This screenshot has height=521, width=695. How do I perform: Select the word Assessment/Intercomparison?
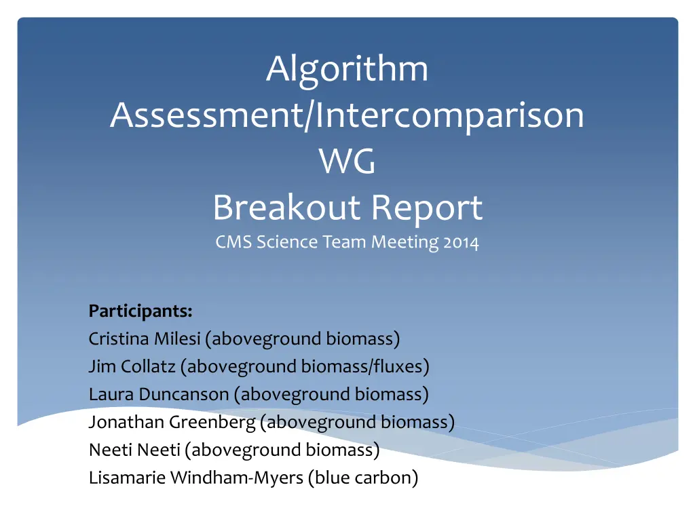tap(347, 115)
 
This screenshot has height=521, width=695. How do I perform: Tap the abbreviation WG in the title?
tap(347, 161)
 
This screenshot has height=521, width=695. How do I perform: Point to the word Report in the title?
tap(427, 208)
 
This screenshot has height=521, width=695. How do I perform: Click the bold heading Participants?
tap(140, 311)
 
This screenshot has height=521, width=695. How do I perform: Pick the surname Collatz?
tap(148, 366)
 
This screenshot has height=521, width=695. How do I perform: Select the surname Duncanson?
tap(184, 394)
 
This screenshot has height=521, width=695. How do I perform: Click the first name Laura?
tap(111, 394)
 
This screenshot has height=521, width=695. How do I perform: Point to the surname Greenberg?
tap(212, 423)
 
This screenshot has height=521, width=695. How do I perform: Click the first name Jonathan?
tap(126, 422)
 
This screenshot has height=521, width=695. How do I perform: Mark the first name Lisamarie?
tap(127, 478)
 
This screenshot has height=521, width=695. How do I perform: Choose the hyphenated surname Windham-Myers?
tap(237, 478)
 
